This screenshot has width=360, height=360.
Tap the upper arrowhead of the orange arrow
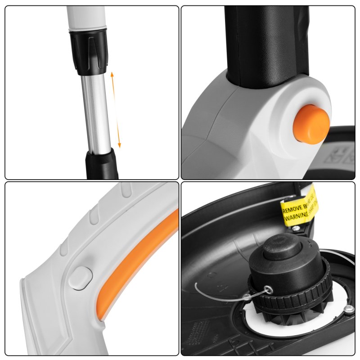[x=112, y=73]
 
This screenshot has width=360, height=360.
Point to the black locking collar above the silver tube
[x=89, y=50]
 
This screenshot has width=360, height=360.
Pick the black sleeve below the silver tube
[x=102, y=164]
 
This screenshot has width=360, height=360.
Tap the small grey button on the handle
[x=81, y=277]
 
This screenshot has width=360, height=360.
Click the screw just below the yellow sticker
[x=296, y=229]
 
